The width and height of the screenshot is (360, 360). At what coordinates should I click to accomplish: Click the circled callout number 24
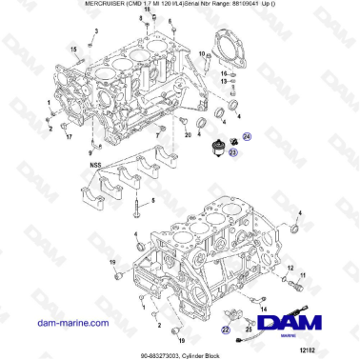point(246,137)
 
